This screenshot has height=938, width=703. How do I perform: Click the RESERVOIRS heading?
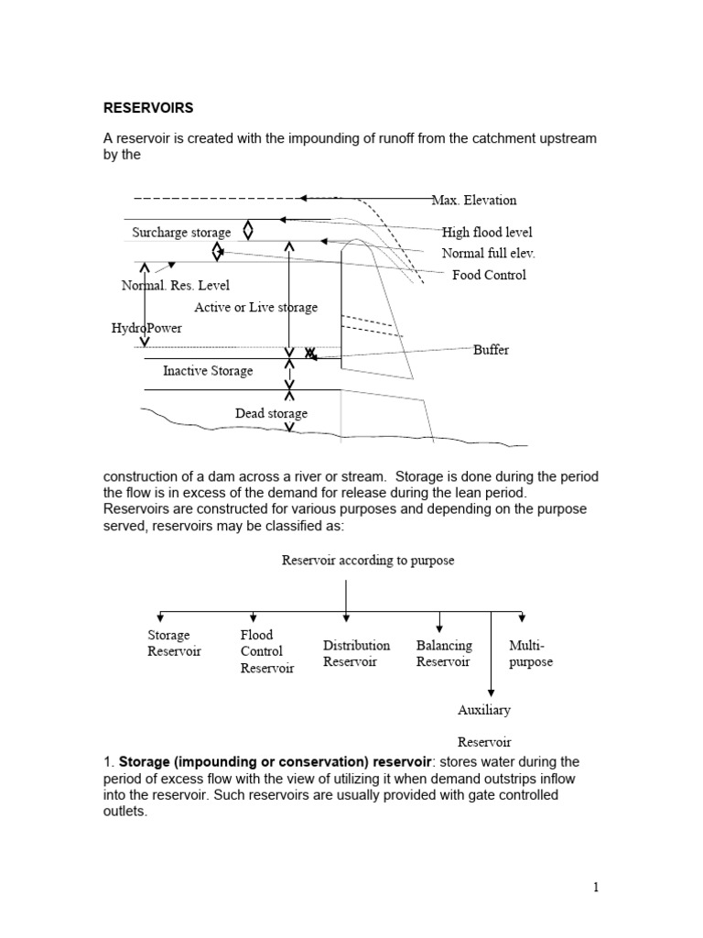tap(147, 107)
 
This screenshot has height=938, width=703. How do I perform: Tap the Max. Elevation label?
tap(474, 200)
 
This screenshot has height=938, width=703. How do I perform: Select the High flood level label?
tap(486, 233)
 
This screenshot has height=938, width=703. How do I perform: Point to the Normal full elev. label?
tap(488, 253)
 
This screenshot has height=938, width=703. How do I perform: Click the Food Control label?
tap(489, 275)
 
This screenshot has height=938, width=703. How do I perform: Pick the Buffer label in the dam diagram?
tap(491, 350)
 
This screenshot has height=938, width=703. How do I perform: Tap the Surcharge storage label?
tap(181, 233)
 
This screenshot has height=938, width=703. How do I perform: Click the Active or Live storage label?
tap(255, 308)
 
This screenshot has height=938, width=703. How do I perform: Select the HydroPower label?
tap(146, 328)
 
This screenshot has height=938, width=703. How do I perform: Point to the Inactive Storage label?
tap(208, 371)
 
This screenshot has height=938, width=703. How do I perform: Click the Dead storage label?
tap(271, 413)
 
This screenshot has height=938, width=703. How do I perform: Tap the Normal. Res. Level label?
tap(176, 286)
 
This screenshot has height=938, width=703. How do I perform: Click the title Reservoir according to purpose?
tap(367, 561)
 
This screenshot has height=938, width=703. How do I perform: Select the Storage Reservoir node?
tap(173, 643)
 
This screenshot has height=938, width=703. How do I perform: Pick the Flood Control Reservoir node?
tap(266, 651)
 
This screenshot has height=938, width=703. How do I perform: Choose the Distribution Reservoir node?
tap(356, 653)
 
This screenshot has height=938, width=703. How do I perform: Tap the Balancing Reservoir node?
tap(444, 653)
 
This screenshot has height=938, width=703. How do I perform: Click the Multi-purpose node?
tap(531, 653)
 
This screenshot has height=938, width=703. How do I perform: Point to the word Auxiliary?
tap(484, 710)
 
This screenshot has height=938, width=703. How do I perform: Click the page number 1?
tap(594, 887)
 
